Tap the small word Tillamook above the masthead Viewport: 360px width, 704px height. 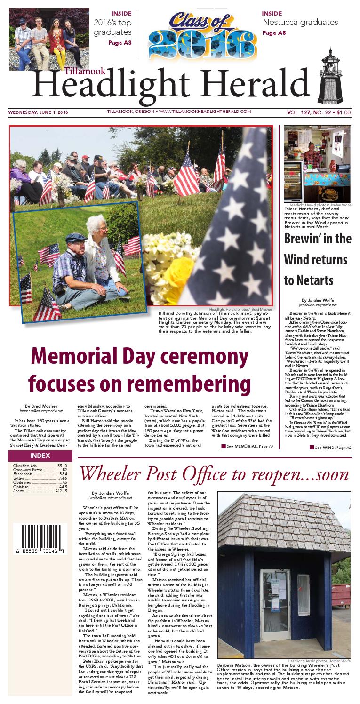coord(80,71)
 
